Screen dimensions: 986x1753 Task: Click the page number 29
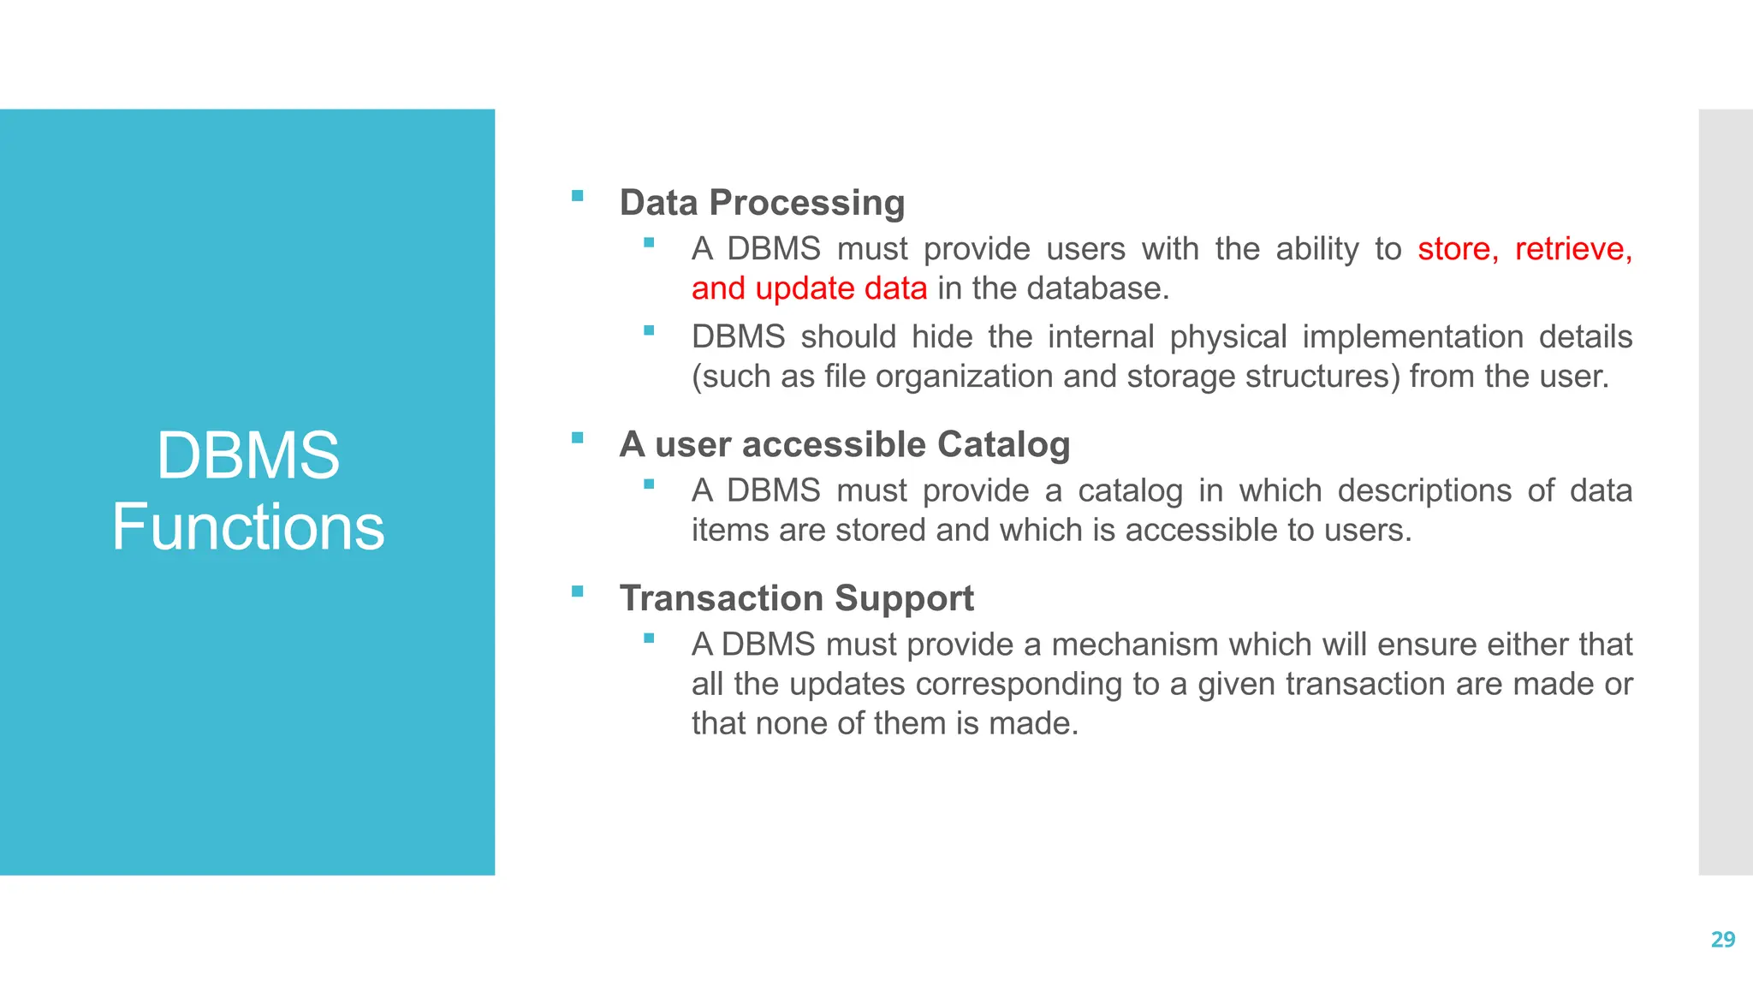tap(1722, 940)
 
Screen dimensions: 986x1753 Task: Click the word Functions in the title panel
tap(248, 527)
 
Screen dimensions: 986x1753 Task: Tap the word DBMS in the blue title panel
tap(248, 455)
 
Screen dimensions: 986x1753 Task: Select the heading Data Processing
tap(762, 203)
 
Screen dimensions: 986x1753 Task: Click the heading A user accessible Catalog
tap(844, 444)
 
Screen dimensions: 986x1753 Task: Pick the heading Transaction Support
tap(796, 597)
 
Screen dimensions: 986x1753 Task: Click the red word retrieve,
tap(1573, 249)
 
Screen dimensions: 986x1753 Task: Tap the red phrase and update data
tap(809, 288)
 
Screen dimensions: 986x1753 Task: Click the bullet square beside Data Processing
tap(578, 196)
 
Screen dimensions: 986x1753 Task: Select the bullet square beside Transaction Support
tap(578, 591)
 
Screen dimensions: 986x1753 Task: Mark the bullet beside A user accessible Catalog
tap(578, 437)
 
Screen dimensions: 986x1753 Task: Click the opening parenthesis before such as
tap(697, 377)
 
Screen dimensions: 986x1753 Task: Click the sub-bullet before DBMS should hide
tap(649, 330)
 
